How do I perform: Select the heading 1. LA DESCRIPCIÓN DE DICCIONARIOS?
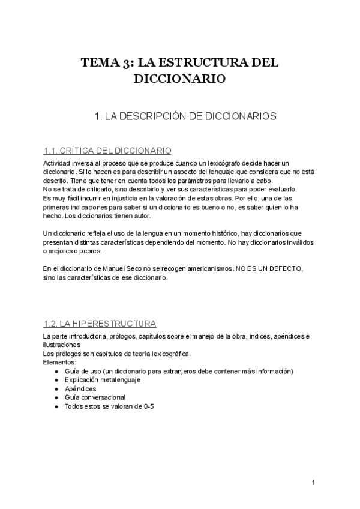pyautogui.click(x=186, y=118)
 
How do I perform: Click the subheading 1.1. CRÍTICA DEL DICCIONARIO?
pyautogui.click(x=107, y=151)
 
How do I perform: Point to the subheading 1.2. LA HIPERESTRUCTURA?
pyautogui.click(x=100, y=324)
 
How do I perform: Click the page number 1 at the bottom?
pyautogui.click(x=314, y=483)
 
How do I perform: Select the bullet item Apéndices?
pyautogui.click(x=80, y=388)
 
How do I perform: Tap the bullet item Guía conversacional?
pyautogui.click(x=95, y=397)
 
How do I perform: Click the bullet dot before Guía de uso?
pyautogui.click(x=56, y=372)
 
